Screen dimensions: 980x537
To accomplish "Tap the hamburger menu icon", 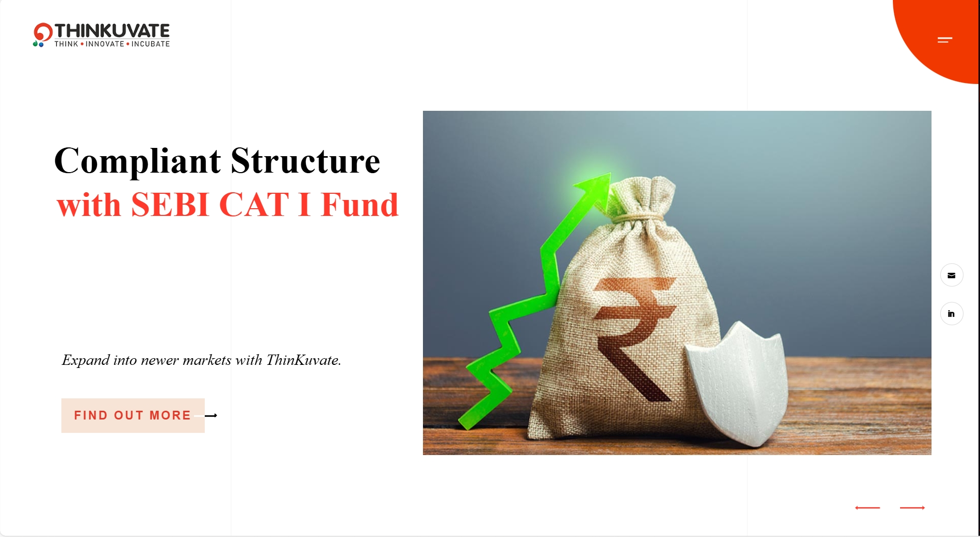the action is click(x=945, y=40).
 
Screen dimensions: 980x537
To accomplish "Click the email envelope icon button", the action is click(x=952, y=275).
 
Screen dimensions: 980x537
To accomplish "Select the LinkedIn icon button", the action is click(x=952, y=314).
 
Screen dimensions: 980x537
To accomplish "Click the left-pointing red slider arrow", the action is click(x=868, y=508).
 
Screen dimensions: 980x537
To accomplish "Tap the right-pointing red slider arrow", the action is click(x=912, y=508).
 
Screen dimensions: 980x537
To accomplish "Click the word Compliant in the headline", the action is click(x=138, y=162).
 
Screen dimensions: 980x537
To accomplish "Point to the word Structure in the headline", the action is click(x=305, y=161).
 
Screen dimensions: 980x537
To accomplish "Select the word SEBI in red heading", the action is click(x=170, y=205).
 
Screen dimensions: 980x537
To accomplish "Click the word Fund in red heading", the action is click(x=360, y=205).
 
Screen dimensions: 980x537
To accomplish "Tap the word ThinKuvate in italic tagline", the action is click(x=303, y=360).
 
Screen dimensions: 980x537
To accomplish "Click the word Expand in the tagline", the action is click(x=86, y=361).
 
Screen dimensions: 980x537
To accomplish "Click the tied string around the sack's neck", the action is click(x=638, y=218).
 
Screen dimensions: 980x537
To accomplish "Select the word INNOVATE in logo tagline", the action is click(x=105, y=44).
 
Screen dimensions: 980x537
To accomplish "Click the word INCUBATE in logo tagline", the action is click(x=151, y=44).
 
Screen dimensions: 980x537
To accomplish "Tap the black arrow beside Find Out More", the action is click(x=211, y=415).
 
